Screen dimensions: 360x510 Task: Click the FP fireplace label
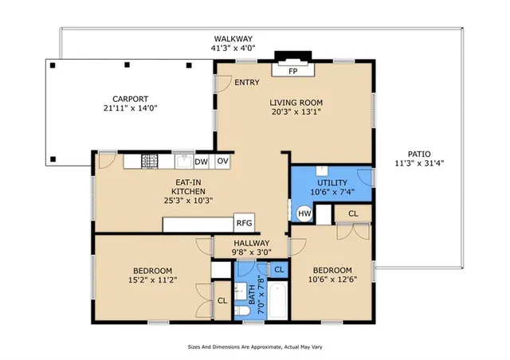click(293, 70)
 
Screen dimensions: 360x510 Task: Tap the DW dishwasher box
click(202, 162)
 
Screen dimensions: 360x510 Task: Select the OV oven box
click(223, 162)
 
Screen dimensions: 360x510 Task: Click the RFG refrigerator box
click(243, 224)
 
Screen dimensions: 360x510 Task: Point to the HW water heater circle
click(304, 213)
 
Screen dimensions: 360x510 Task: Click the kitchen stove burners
click(150, 162)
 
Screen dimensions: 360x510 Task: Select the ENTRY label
click(246, 82)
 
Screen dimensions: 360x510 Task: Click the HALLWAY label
click(252, 243)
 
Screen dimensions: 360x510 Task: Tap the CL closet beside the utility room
click(353, 213)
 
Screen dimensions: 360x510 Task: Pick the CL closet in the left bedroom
click(222, 300)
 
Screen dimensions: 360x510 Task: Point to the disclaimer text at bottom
click(255, 347)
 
